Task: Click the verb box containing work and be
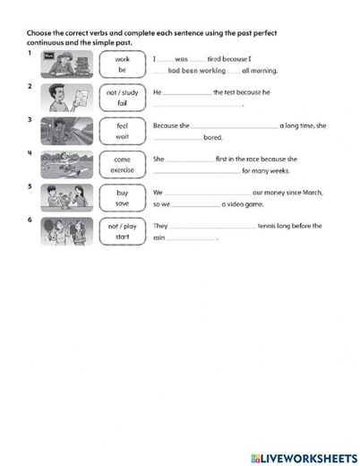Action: click(122, 65)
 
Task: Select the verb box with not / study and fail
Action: click(122, 98)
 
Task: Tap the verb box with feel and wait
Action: click(122, 131)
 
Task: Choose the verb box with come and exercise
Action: click(122, 165)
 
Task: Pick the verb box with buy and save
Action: click(122, 198)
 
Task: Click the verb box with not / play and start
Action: click(122, 232)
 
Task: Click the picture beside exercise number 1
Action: click(66, 65)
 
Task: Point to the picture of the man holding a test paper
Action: click(66, 98)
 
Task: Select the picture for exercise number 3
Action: click(66, 131)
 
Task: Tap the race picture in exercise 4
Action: click(66, 165)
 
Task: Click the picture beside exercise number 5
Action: click(66, 198)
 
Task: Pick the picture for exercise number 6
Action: click(66, 231)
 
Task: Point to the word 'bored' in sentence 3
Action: click(213, 137)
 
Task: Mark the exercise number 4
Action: click(30, 152)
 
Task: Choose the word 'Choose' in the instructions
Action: click(41, 33)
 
